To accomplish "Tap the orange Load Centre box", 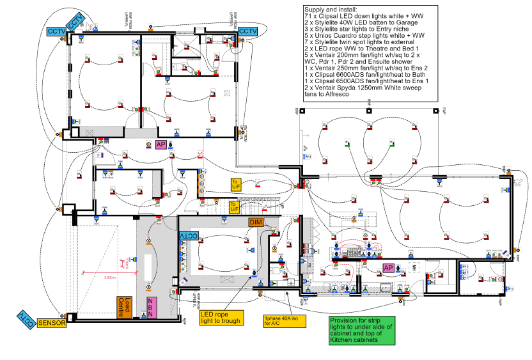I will coord(124,308).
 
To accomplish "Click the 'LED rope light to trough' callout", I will coord(221,317).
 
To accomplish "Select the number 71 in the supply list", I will coord(309,15).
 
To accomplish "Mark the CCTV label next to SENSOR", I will coord(24,318).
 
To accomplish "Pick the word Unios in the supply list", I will coord(323,36).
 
